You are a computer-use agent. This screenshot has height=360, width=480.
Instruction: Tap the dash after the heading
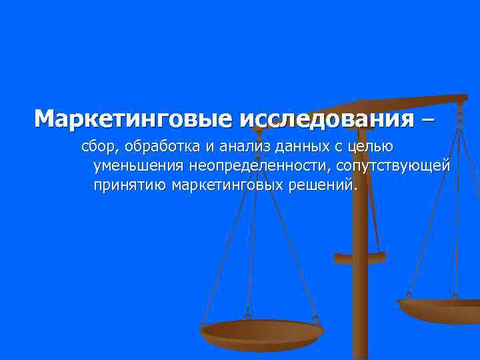click(428, 119)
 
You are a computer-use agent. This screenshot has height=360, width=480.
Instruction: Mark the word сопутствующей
click(393, 165)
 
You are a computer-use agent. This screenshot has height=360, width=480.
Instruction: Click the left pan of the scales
click(262, 332)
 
